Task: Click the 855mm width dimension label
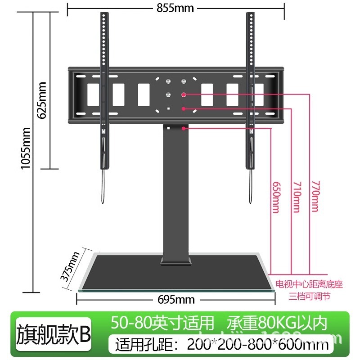pyautogui.click(x=175, y=8)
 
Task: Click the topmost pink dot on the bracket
pyautogui.click(x=184, y=94)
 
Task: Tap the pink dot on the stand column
pyautogui.click(x=184, y=128)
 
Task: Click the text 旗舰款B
pyautogui.click(x=54, y=334)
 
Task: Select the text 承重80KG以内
pyautogui.click(x=276, y=323)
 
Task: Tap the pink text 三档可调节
pyautogui.click(x=309, y=297)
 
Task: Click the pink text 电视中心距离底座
pyautogui.click(x=309, y=285)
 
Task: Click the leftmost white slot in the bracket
pyautogui.click(x=93, y=94)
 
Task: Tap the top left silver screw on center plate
pyautogui.click(x=168, y=81)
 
